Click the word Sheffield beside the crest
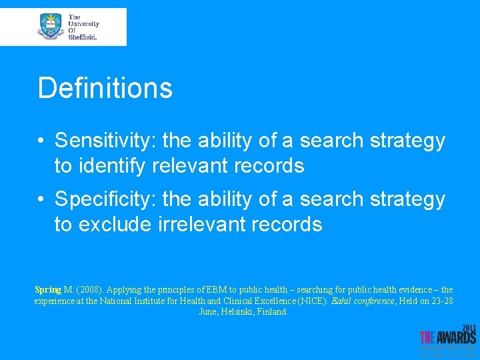(x=83, y=37)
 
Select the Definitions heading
(x=105, y=88)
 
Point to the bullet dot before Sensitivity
(x=41, y=141)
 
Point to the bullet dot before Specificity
(x=41, y=199)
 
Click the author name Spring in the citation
(x=47, y=290)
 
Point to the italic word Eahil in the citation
(x=342, y=301)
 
